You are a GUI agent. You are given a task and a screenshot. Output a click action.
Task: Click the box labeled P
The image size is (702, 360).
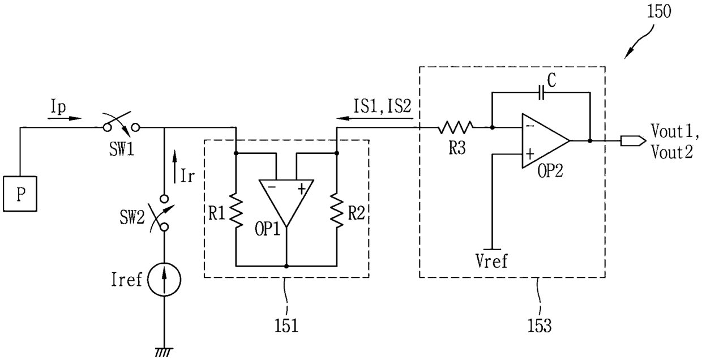(x=20, y=194)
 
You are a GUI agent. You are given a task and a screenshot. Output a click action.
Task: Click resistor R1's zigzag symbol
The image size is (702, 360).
(x=236, y=210)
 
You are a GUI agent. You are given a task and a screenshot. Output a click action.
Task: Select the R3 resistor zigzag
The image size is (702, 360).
(x=455, y=127)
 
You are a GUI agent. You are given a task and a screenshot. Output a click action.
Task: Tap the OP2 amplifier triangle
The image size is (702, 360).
(x=545, y=141)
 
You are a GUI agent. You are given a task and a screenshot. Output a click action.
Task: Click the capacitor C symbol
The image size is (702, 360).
(x=541, y=93)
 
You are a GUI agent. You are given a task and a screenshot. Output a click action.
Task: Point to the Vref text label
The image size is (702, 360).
(x=491, y=261)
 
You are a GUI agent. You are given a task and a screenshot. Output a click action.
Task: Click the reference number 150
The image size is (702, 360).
(x=659, y=11)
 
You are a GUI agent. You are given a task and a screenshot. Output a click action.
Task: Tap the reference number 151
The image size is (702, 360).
(x=286, y=325)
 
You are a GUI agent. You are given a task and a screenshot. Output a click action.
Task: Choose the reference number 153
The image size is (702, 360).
(x=540, y=325)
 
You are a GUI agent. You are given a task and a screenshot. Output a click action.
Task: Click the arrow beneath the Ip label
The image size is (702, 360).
(x=65, y=118)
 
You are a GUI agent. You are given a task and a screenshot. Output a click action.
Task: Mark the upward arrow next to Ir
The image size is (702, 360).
(x=175, y=166)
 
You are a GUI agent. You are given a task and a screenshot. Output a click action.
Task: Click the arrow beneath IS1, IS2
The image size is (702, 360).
(x=375, y=118)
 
